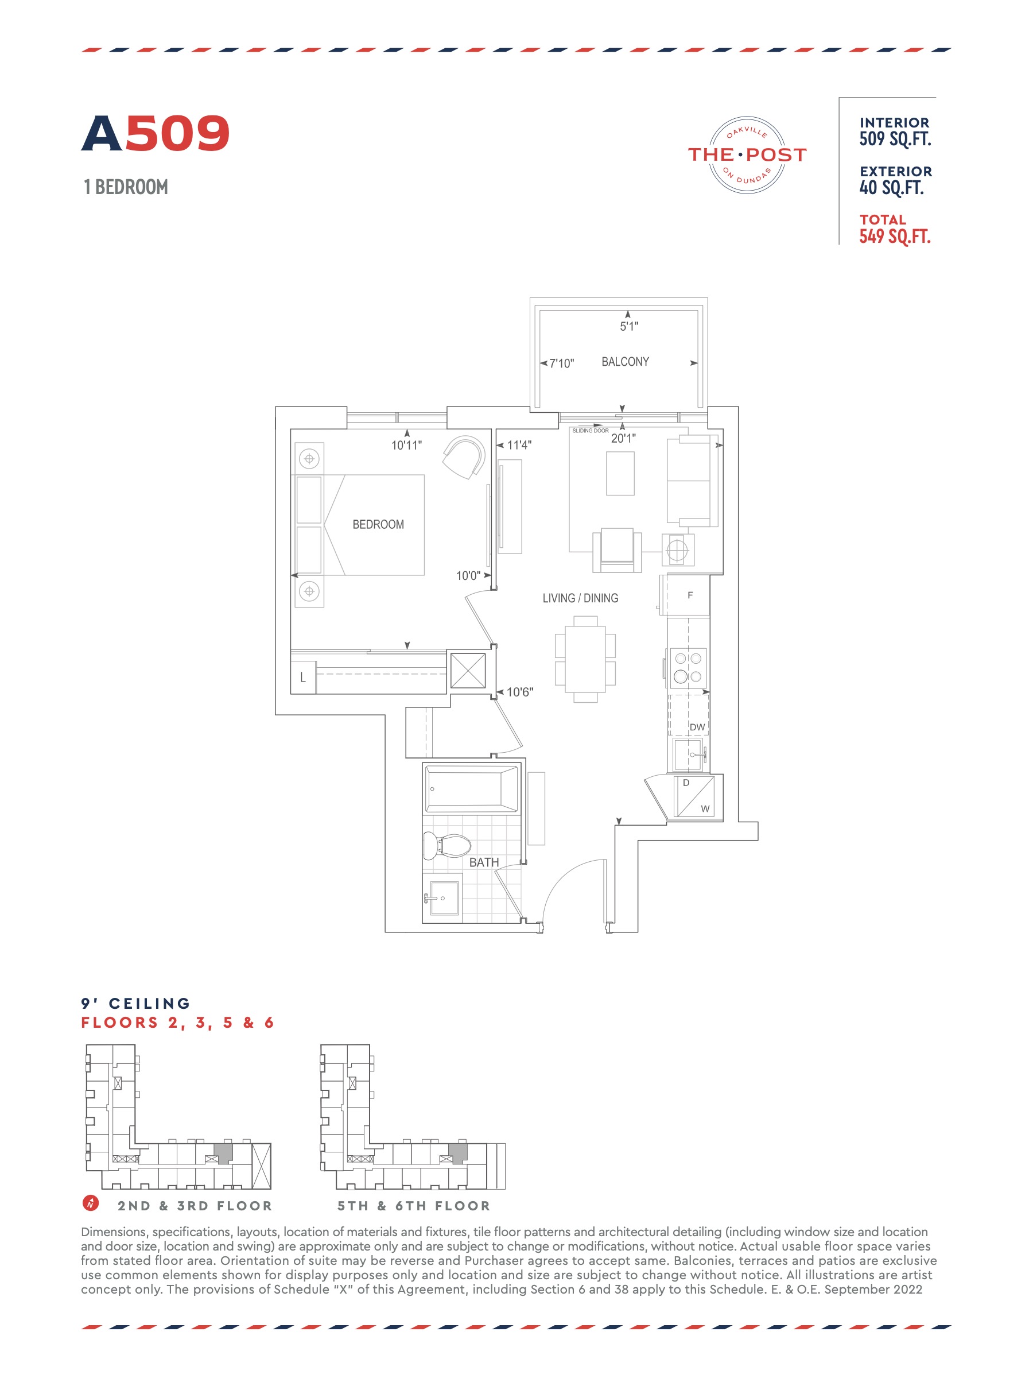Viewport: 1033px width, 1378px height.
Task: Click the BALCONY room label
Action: pos(624,362)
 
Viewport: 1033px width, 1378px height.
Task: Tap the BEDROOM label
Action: pos(378,525)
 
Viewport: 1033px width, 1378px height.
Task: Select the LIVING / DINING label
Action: pos(580,598)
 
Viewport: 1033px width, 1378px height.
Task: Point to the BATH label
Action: pos(484,862)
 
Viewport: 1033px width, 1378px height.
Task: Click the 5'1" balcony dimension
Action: pos(629,326)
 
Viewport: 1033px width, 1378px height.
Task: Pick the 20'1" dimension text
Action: pos(623,439)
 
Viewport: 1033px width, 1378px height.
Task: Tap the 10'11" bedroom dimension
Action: pos(406,446)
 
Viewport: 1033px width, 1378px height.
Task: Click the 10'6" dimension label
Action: pos(520,692)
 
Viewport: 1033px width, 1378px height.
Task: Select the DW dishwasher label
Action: pos(697,727)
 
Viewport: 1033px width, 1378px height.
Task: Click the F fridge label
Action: pos(690,595)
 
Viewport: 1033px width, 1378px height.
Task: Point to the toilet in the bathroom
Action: pos(446,845)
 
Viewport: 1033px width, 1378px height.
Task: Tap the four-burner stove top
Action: pos(688,667)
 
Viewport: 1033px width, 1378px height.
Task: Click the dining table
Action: pos(585,659)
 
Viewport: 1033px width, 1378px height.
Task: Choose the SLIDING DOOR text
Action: pos(591,431)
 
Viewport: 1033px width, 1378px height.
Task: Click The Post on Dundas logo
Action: pos(747,154)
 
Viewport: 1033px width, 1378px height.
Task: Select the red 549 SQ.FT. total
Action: pos(895,237)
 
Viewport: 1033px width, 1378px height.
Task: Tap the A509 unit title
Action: pos(156,133)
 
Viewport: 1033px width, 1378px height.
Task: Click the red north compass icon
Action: pos(90,1202)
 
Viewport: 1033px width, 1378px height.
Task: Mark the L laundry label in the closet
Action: pos(302,678)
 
